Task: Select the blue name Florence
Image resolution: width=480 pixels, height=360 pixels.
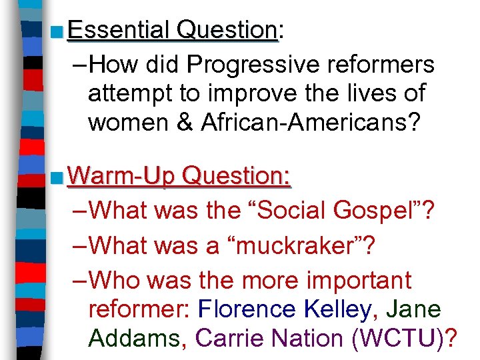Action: click(247, 309)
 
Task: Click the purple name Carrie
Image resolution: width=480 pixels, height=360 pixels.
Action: click(228, 338)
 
